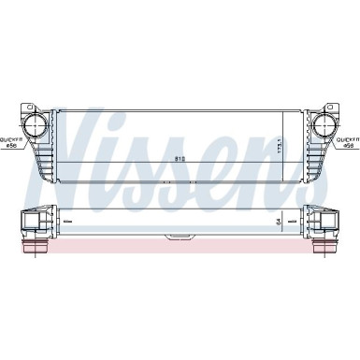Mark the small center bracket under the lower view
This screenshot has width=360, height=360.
coord(180,239)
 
